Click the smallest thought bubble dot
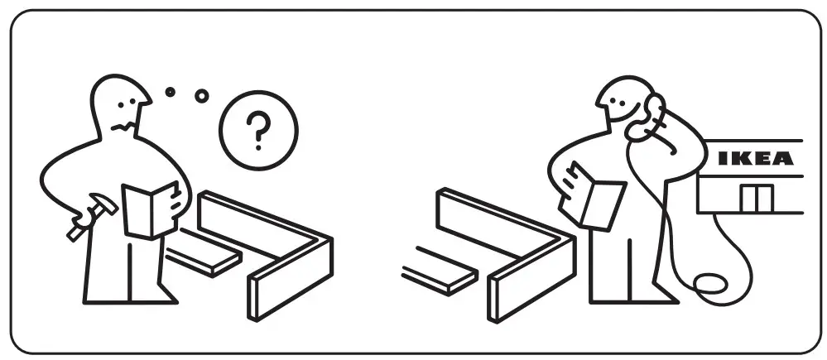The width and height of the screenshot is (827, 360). pos(171,92)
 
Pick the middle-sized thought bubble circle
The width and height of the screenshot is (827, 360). pos(201,96)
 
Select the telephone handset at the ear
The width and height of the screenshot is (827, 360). pos(653,117)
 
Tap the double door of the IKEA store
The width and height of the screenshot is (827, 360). pos(757,199)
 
